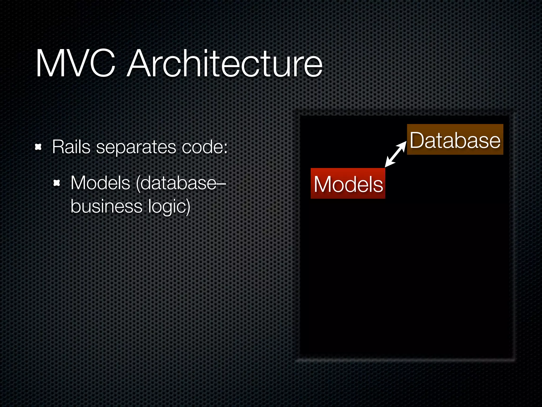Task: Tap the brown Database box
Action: click(455, 139)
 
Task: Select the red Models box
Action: click(348, 183)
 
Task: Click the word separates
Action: click(136, 147)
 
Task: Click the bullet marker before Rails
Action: click(38, 147)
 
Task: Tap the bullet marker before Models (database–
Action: click(57, 183)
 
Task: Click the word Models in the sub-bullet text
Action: click(100, 183)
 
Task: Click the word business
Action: click(106, 206)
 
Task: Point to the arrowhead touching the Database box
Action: click(403, 144)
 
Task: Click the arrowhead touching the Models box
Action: click(388, 163)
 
